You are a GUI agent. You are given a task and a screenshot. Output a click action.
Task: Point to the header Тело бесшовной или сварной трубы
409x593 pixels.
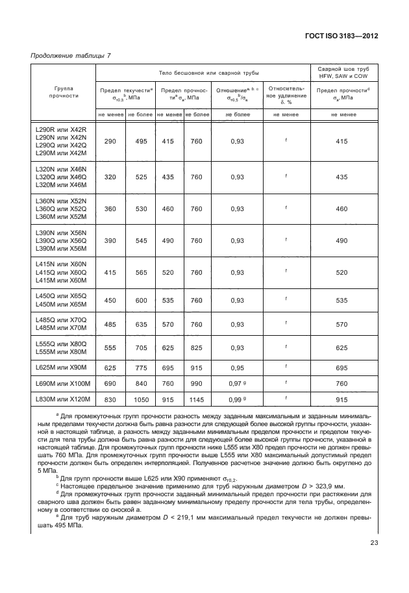point(203,72)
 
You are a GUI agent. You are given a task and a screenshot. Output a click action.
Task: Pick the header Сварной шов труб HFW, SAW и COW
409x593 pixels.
point(343,72)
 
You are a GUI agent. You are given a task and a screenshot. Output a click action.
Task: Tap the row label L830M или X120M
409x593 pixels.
point(62,398)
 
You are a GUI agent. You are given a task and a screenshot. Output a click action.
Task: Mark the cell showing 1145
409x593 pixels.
point(197,398)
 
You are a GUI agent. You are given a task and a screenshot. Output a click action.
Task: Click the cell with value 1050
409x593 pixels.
point(140,398)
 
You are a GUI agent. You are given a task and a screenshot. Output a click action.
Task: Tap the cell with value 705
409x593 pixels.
point(140,347)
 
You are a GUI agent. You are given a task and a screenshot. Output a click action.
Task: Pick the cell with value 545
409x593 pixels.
point(140,240)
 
